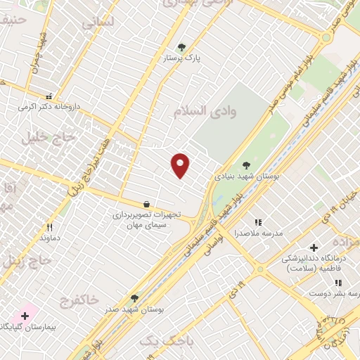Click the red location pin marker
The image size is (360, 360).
[181, 165]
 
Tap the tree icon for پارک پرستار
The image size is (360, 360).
[182, 47]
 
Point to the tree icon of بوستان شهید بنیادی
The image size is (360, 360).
[245, 166]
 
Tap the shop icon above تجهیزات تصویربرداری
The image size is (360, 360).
[146, 204]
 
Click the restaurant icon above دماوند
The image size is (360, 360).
[49, 227]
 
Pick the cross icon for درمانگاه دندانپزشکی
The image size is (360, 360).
[314, 247]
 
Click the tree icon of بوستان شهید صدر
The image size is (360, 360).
[134, 298]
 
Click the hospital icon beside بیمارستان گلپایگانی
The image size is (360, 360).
[25, 316]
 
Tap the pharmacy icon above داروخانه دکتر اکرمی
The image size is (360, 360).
[49, 96]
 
